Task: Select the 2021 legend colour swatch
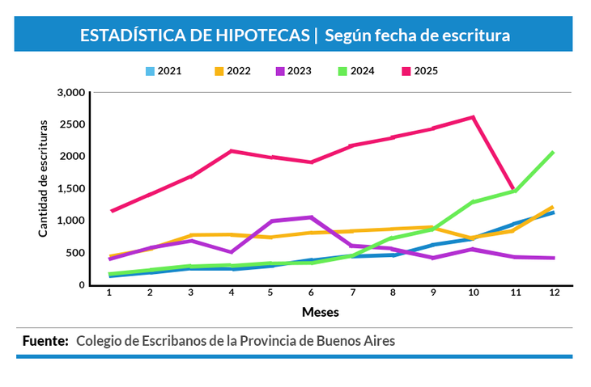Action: [x=150, y=71]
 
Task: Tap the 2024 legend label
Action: [x=362, y=71]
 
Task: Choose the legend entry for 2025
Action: [x=426, y=71]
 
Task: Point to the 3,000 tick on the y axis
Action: [x=72, y=92]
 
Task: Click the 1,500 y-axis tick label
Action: [x=72, y=188]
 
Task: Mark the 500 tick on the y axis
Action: [x=77, y=253]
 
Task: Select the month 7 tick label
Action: [x=352, y=292]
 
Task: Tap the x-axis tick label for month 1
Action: [x=109, y=292]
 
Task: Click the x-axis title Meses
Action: [x=321, y=311]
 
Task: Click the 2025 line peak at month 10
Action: [x=473, y=117]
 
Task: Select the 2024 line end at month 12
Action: [x=553, y=152]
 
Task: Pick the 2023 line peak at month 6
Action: [x=311, y=217]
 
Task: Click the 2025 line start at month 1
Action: [x=111, y=211]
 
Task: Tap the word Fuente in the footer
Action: [x=45, y=341]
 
